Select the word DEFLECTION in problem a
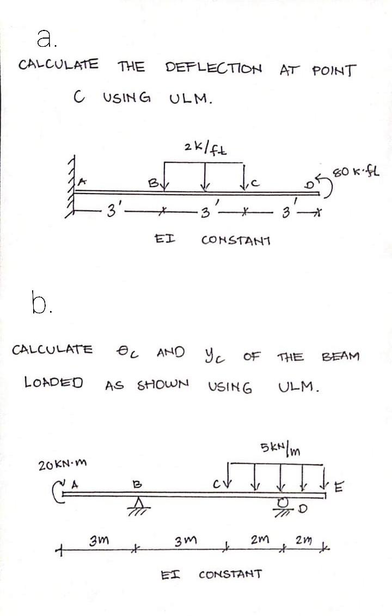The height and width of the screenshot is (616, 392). pyautogui.click(x=213, y=69)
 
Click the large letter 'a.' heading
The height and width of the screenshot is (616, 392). pyautogui.click(x=43, y=36)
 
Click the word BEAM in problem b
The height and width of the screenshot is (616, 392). pyautogui.click(x=341, y=357)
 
